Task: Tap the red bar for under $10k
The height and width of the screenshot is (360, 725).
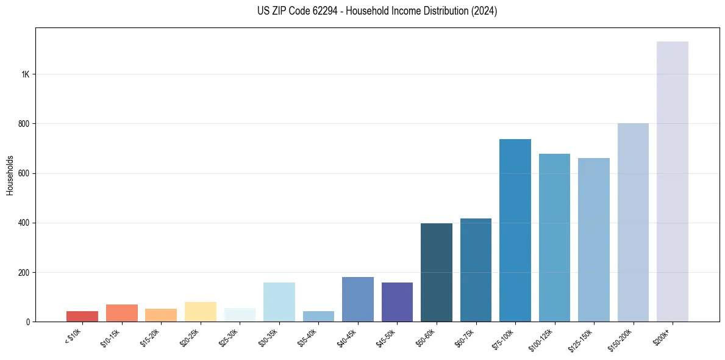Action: [82, 316]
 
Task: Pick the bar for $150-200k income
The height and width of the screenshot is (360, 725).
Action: [633, 222]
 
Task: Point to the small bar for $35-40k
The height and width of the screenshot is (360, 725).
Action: [318, 316]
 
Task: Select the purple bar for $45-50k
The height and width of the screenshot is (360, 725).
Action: [397, 301]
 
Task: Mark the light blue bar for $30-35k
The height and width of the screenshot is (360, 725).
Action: [279, 301]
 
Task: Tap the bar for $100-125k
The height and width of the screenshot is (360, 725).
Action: [554, 237]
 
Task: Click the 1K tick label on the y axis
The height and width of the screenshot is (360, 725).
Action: [25, 74]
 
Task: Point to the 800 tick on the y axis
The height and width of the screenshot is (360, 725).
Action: [24, 124]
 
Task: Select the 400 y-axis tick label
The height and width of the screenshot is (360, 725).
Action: [24, 223]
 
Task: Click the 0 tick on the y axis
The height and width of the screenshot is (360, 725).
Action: [27, 322]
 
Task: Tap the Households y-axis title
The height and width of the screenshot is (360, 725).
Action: [10, 175]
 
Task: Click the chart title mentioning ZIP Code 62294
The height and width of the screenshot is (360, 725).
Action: [377, 11]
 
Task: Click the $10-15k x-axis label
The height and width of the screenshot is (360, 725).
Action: [110, 336]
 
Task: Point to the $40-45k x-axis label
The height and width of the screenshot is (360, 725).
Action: [346, 336]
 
